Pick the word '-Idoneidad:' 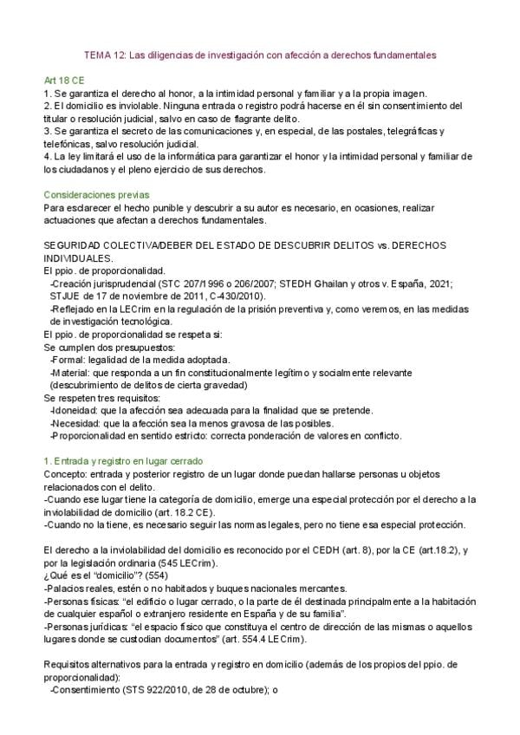[x=74, y=410]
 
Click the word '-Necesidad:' [x=75, y=423]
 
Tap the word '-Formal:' [x=68, y=359]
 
